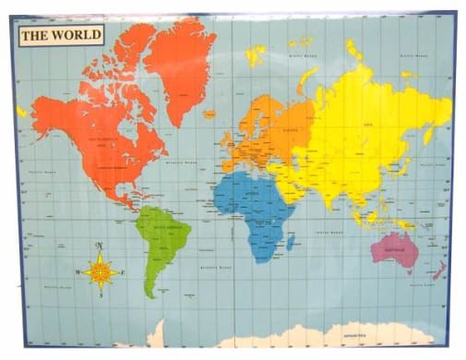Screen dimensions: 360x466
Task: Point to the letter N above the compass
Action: tap(100, 246)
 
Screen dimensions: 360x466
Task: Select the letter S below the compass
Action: tap(100, 296)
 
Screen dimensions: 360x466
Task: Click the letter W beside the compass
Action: tap(78, 271)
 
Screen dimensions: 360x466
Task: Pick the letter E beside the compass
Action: tap(122, 271)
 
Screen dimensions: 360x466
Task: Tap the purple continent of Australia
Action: tap(394, 248)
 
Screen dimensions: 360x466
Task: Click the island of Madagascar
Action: tap(291, 242)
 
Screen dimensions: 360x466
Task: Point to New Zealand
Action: tap(440, 270)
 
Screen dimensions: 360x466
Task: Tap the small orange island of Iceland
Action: tap(209, 114)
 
